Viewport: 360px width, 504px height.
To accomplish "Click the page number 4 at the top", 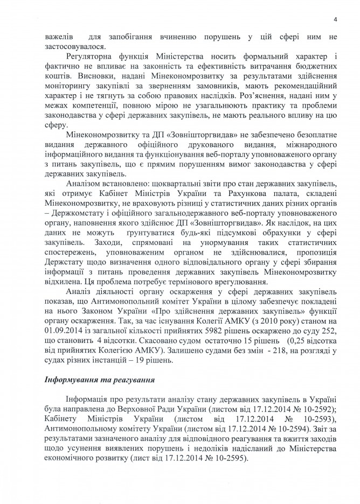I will (x=335, y=19).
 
